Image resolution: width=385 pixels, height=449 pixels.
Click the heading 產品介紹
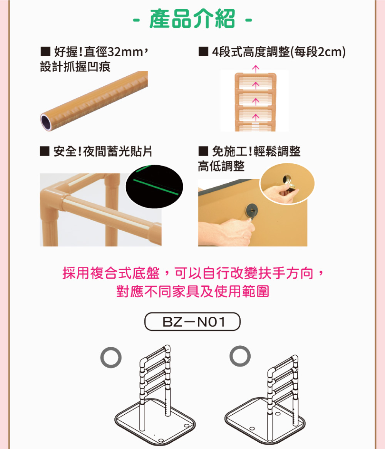(x=192, y=18)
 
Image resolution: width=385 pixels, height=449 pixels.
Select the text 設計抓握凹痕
(x=75, y=67)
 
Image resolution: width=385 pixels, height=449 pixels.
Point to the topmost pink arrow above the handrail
(x=254, y=68)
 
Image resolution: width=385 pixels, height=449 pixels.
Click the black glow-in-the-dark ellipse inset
(x=154, y=187)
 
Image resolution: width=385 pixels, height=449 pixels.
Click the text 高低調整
(x=221, y=166)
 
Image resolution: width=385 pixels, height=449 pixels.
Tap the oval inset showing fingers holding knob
(x=287, y=183)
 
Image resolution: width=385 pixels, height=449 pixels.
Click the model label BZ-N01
(x=192, y=321)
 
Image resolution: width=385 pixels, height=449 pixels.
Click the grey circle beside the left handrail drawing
(x=111, y=357)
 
